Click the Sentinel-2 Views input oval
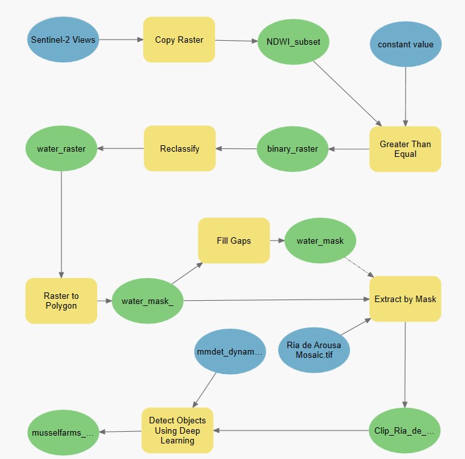(x=62, y=40)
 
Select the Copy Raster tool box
(x=179, y=40)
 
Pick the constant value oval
(x=405, y=44)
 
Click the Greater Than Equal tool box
(x=405, y=149)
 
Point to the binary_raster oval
(x=293, y=149)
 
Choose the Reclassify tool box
(x=179, y=148)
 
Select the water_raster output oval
(x=62, y=149)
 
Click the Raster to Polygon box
(x=62, y=301)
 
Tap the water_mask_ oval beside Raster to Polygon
(x=148, y=301)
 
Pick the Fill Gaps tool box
(x=234, y=241)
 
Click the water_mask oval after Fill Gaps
(x=320, y=241)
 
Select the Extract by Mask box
(x=405, y=299)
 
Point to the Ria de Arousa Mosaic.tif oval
(x=313, y=350)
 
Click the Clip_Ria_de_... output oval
(x=405, y=430)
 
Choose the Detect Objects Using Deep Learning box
(x=177, y=430)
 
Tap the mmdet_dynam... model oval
(x=230, y=352)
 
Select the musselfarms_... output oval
(x=62, y=432)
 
